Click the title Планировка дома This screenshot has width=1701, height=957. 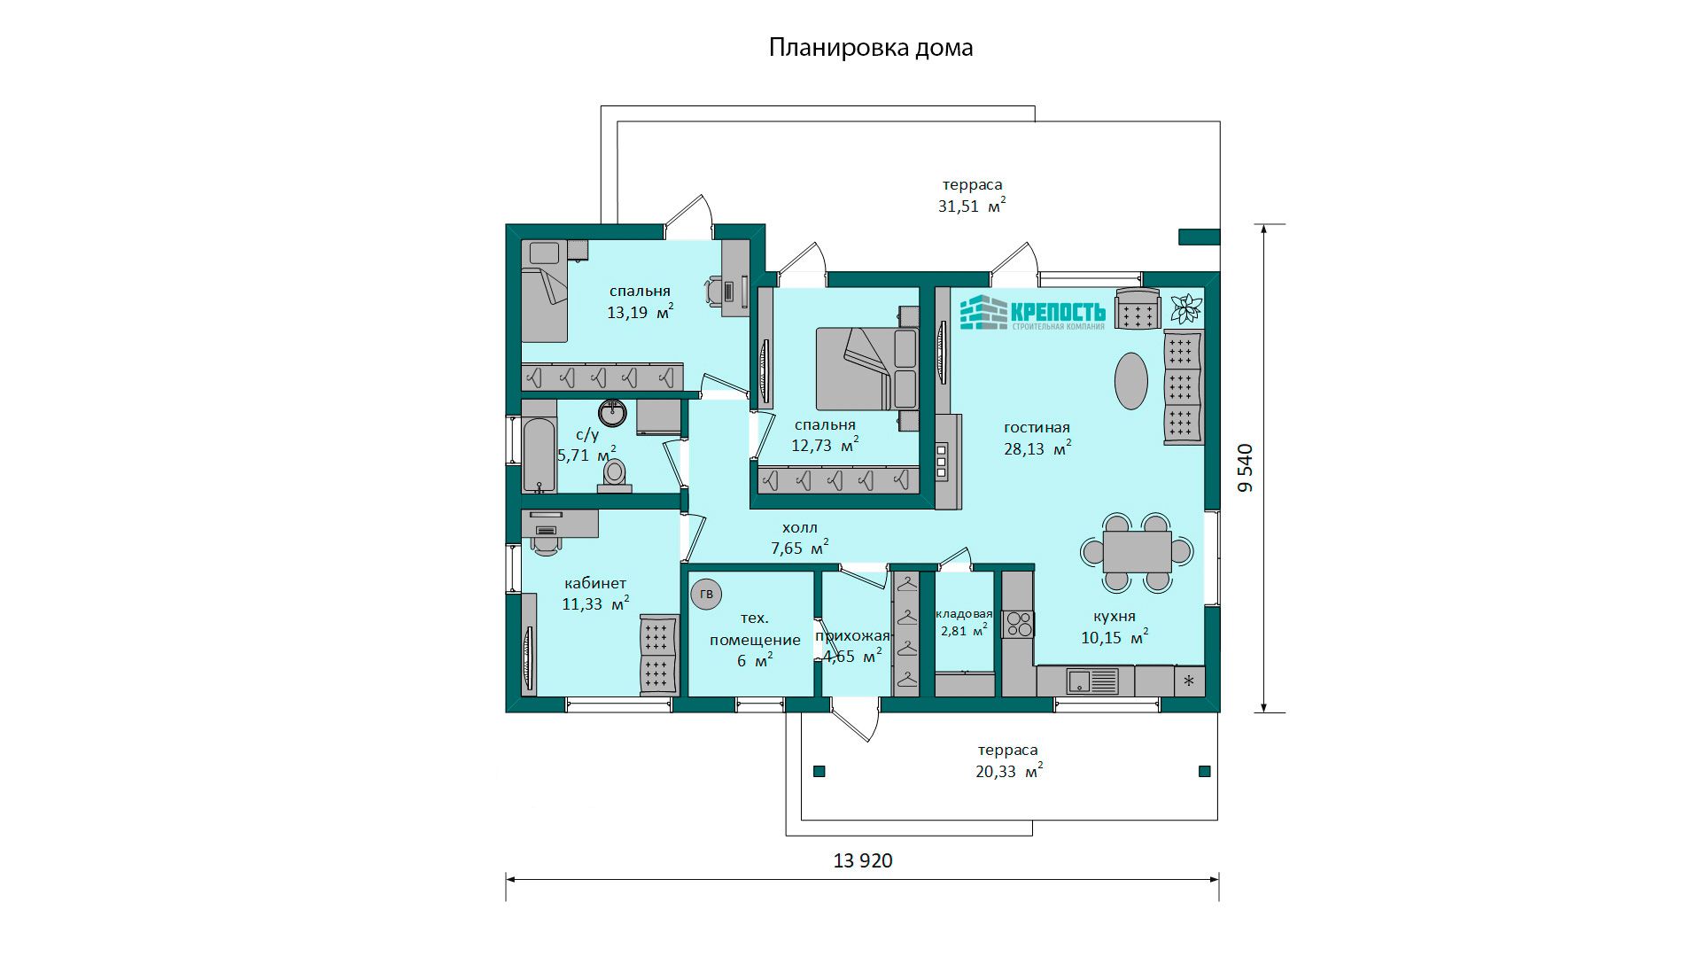pos(871,48)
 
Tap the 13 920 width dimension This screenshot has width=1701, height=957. pos(863,860)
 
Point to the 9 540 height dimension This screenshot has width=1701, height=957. pos(1245,468)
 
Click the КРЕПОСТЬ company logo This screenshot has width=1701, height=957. pos(1033,313)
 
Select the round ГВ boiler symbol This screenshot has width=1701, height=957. pos(706,594)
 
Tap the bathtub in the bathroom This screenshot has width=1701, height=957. pos(539,455)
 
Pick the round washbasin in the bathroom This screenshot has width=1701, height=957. pos(612,413)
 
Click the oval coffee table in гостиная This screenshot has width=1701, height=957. pos(1131,381)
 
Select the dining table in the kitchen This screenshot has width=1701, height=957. pos(1138,551)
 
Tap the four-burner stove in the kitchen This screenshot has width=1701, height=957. pos(1018,624)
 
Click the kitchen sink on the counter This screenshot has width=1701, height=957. pos(1093,681)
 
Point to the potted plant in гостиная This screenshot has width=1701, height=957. pos(1185,308)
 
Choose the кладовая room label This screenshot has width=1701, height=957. pos(964,613)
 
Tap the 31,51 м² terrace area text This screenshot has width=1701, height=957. pos(972,206)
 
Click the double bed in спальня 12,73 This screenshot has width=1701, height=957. pos(866,369)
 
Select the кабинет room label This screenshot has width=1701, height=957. pos(595,583)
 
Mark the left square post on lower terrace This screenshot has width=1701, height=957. pos(819,772)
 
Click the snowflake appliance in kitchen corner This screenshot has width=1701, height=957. pos(1190,681)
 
